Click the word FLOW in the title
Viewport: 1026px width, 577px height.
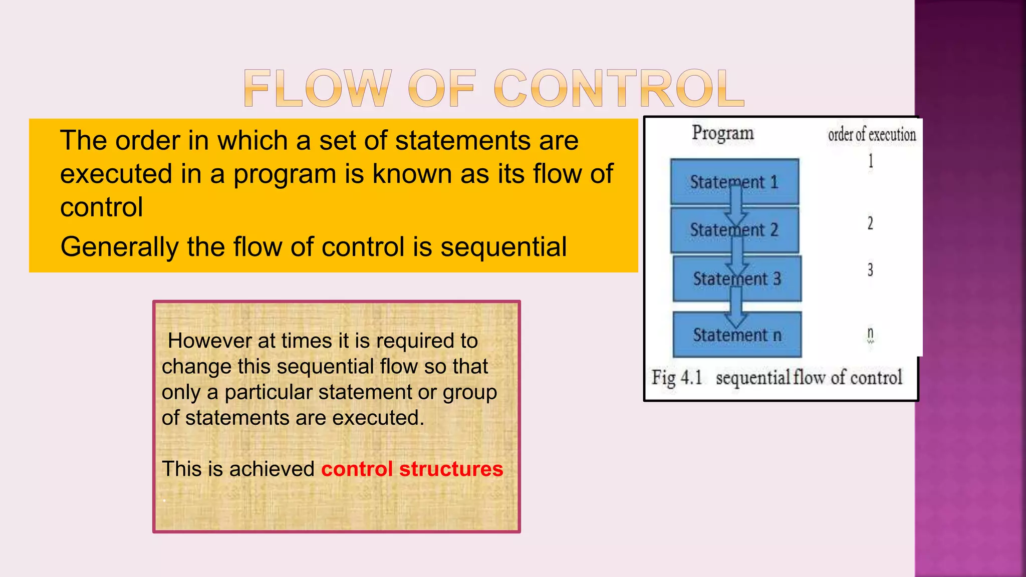[317, 89]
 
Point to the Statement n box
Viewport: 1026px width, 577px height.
[737, 335]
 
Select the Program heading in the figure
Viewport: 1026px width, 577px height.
[722, 133]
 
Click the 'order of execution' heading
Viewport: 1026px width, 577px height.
[871, 135]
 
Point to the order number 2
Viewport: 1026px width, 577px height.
[870, 223]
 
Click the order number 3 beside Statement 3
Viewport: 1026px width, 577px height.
[870, 270]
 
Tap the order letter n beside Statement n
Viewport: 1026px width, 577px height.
[870, 333]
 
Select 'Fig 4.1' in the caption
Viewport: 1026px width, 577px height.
[677, 377]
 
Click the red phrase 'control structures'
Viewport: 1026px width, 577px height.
[412, 469]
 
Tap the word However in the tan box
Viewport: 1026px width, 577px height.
[209, 341]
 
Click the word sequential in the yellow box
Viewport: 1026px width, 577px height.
[503, 247]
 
